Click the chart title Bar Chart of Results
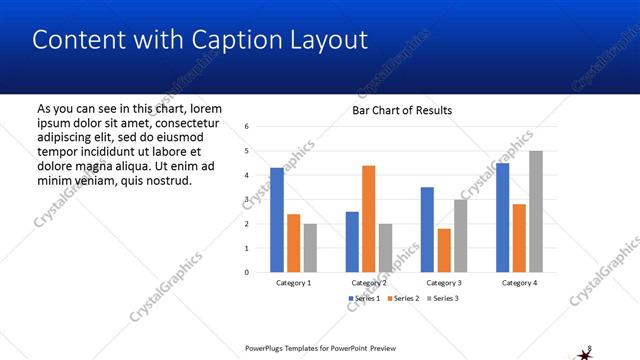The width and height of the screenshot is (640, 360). click(x=402, y=110)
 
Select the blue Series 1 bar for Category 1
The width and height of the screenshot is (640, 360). click(x=277, y=219)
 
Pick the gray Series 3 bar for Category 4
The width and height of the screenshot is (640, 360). click(x=536, y=211)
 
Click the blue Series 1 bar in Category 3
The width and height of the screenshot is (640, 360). click(x=427, y=229)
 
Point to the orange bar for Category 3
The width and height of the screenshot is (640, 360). click(x=444, y=250)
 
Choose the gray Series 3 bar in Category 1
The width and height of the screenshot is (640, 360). click(x=310, y=247)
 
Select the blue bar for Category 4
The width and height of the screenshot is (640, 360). click(x=502, y=217)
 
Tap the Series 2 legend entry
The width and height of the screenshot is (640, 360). click(x=402, y=299)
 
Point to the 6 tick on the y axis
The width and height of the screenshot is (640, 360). click(x=246, y=127)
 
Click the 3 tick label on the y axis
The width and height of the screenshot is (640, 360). click(x=246, y=200)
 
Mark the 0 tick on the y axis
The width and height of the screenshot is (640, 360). click(x=246, y=272)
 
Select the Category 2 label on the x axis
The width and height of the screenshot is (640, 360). click(x=369, y=283)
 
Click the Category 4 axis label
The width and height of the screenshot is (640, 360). click(x=519, y=283)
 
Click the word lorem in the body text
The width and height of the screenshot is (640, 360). click(x=205, y=108)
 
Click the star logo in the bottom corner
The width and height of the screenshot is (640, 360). click(x=585, y=352)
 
